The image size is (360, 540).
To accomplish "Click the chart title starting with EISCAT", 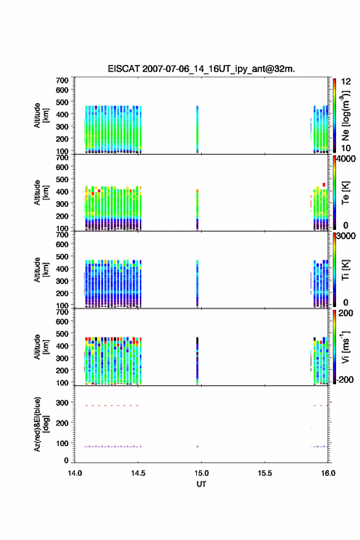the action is (201, 69).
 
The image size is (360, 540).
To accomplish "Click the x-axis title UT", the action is (201, 484).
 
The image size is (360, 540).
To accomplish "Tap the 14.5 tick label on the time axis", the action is (138, 473).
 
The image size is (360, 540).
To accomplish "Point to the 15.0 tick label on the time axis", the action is (201, 473).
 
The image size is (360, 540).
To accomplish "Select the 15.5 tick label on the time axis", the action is (265, 473).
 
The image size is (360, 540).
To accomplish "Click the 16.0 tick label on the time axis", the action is (328, 473).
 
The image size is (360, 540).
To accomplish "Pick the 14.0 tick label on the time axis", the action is (75, 473).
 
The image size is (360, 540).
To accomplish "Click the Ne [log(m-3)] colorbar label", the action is (345, 115).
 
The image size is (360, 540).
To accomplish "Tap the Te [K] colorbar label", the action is (345, 193).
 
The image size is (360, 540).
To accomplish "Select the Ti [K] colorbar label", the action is (345, 269).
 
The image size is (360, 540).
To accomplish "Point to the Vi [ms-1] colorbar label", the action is (345, 347).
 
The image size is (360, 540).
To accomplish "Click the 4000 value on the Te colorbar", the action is (346, 159).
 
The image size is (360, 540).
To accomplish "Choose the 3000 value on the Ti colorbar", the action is (346, 236).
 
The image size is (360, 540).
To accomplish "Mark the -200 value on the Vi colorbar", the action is (345, 379).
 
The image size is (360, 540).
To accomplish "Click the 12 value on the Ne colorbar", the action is (346, 82).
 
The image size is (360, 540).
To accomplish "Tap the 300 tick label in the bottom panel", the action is (63, 403).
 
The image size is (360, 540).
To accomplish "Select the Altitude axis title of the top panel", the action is (40, 115).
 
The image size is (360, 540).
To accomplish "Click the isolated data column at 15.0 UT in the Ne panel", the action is (197, 129).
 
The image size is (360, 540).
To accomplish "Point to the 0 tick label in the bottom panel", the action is (66, 460).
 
